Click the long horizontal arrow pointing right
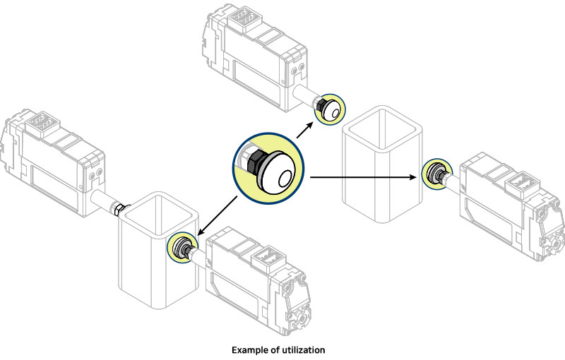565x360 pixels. pyautogui.click(x=364, y=175)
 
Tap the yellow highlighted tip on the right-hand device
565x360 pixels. pyautogui.click(x=434, y=174)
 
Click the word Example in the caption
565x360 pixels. pyautogui.click(x=251, y=349)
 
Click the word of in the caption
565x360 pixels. pyautogui.click(x=276, y=349)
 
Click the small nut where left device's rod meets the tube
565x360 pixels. pyautogui.click(x=119, y=208)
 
